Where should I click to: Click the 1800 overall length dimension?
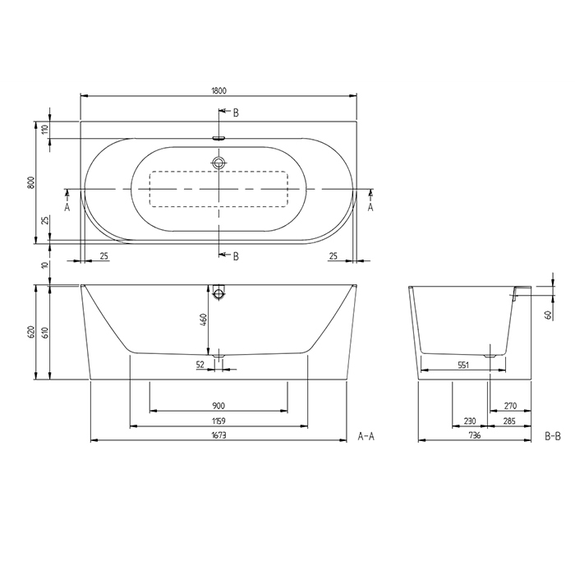click(x=218, y=90)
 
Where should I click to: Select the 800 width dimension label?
click(x=30, y=183)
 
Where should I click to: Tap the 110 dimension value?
click(x=46, y=129)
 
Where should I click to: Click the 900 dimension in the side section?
click(x=218, y=405)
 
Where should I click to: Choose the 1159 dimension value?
click(x=218, y=421)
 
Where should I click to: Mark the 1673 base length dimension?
click(x=218, y=436)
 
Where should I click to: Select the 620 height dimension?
click(x=30, y=332)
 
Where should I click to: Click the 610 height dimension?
click(x=45, y=332)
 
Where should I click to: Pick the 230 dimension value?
click(x=469, y=421)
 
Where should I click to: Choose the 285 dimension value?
click(x=508, y=421)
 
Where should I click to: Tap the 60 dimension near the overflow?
click(x=548, y=314)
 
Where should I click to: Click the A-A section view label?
click(x=366, y=436)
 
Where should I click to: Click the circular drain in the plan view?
click(x=218, y=163)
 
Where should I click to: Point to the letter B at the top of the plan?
click(x=236, y=112)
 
